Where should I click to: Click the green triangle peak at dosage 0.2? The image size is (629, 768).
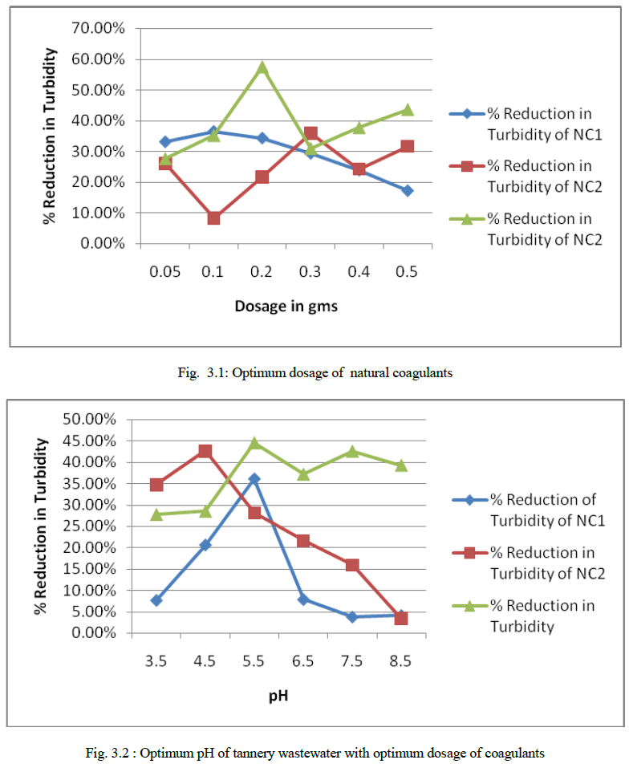pos(262,67)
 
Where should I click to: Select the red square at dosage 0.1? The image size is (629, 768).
pos(213,217)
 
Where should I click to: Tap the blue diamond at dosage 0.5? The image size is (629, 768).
pos(407,190)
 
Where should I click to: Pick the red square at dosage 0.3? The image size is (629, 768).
pos(310,133)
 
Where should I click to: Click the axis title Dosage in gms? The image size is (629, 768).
pos(286,306)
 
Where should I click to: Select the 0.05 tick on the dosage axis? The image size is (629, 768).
pos(164,271)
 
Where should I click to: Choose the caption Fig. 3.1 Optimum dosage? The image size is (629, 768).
pos(314,373)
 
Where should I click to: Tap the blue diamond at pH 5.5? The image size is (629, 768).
pos(254,478)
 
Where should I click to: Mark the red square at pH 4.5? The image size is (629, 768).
pos(205,451)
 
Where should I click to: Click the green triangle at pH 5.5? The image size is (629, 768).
pos(254,443)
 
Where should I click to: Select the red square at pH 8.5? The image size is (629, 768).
pos(401,618)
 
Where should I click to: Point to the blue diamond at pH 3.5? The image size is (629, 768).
pos(156,599)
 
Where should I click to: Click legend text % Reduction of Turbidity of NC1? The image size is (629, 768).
pos(546,510)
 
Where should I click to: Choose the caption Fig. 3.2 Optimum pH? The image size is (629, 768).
pos(314,754)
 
